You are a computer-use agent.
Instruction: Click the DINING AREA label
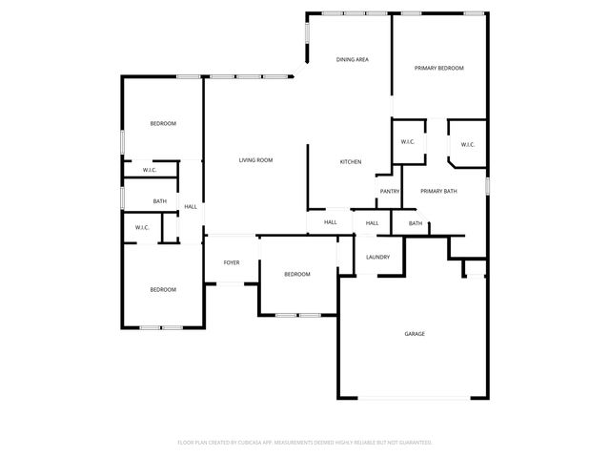point(352,60)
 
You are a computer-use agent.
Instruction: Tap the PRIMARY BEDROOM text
point(438,69)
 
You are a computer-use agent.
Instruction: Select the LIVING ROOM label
point(255,160)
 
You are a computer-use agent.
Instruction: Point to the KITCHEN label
point(351,162)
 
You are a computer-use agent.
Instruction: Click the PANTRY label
point(389,192)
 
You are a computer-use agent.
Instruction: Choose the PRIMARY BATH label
point(438,192)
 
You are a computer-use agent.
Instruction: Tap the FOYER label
point(232,262)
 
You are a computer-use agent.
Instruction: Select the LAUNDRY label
point(377,257)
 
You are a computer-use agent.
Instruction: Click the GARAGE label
point(414,334)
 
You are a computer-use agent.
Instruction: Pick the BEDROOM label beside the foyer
point(296,275)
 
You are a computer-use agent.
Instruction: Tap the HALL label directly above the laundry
point(372,223)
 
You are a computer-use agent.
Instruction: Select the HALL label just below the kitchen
point(330,222)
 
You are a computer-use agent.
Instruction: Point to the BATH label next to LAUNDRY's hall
point(416,223)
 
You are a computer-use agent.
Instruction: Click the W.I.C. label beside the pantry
point(407,142)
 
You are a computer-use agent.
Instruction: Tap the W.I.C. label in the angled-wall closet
point(467,145)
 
